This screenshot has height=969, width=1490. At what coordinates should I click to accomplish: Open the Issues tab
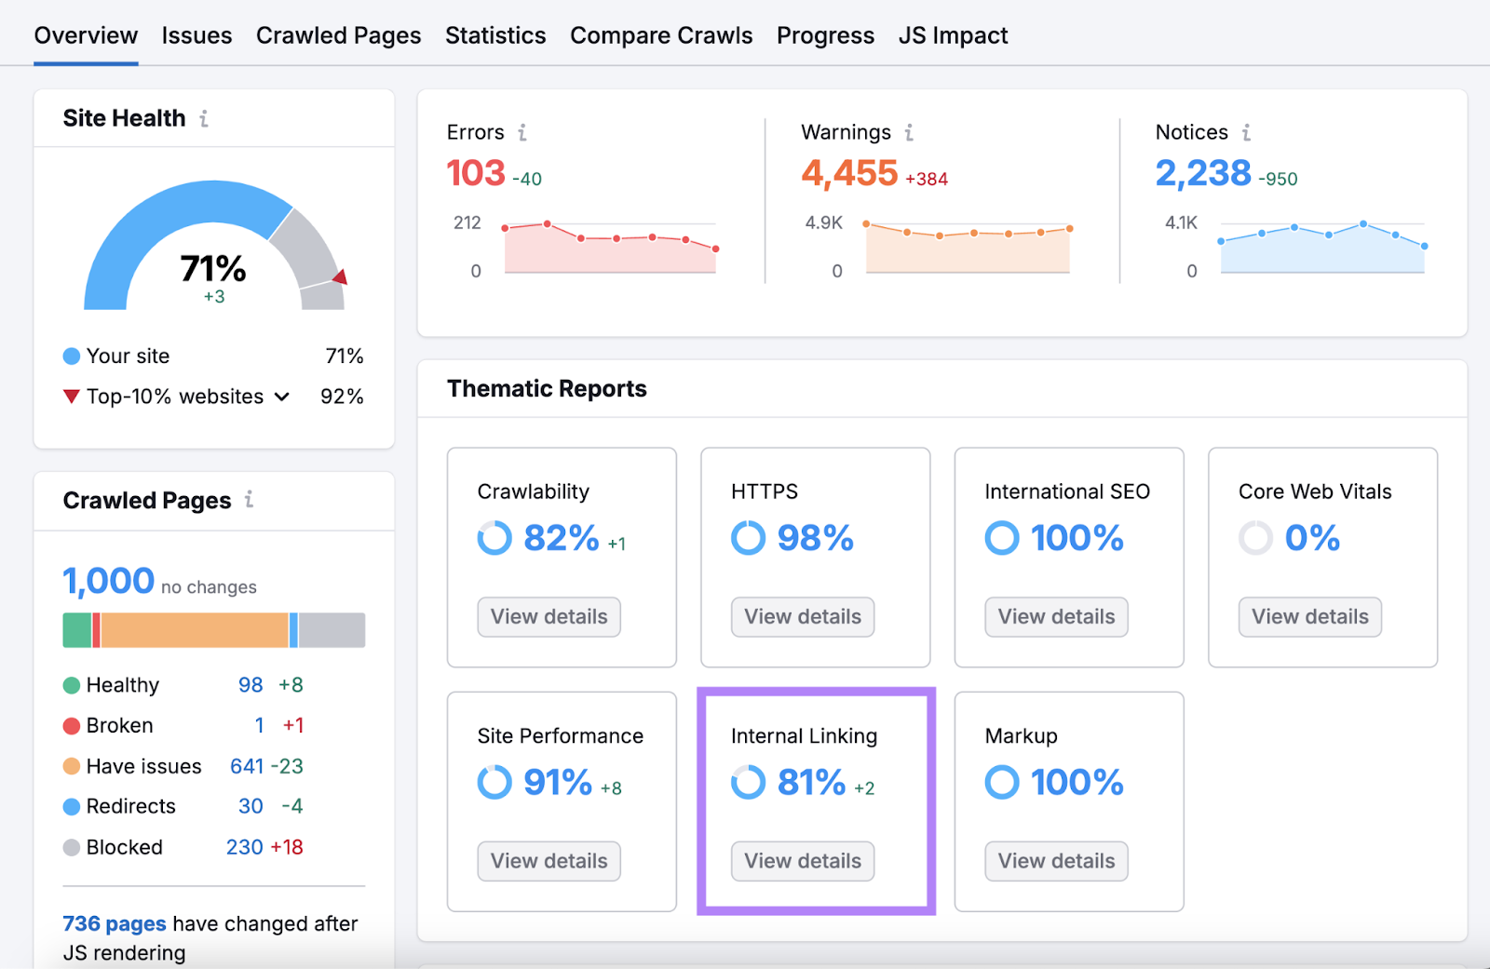pyautogui.click(x=196, y=35)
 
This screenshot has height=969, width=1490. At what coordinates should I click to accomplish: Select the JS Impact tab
pyautogui.click(x=953, y=35)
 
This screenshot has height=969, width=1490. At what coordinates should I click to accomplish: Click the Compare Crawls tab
pyautogui.click(x=661, y=35)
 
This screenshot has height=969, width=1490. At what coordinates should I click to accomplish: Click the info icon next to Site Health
pyautogui.click(x=204, y=119)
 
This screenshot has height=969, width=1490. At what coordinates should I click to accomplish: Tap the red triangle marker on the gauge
pyautogui.click(x=340, y=276)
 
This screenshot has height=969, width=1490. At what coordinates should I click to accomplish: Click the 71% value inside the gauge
pyautogui.click(x=213, y=269)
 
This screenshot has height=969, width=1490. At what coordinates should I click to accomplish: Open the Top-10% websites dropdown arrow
pyautogui.click(x=282, y=397)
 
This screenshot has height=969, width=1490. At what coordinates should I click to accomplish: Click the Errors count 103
pyautogui.click(x=476, y=173)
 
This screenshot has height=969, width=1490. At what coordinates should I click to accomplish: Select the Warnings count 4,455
pyautogui.click(x=849, y=173)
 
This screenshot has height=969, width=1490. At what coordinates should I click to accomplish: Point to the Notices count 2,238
pyautogui.click(x=1203, y=173)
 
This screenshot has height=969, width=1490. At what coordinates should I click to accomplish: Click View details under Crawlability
pyautogui.click(x=549, y=617)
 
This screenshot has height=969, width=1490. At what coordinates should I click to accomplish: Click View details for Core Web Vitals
pyautogui.click(x=1309, y=617)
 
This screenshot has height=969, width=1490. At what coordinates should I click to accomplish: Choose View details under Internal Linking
pyautogui.click(x=802, y=861)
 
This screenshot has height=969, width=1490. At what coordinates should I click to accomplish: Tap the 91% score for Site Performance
pyautogui.click(x=557, y=783)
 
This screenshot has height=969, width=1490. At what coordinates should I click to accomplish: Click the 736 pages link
pyautogui.click(x=114, y=923)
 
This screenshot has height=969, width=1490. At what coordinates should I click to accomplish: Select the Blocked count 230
pyautogui.click(x=244, y=847)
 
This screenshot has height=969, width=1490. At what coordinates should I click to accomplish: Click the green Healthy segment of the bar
pyautogui.click(x=76, y=630)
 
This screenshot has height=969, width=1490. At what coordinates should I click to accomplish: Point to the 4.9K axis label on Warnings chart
pyautogui.click(x=823, y=223)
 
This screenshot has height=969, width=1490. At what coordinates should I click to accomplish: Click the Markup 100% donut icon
pyautogui.click(x=1002, y=783)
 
